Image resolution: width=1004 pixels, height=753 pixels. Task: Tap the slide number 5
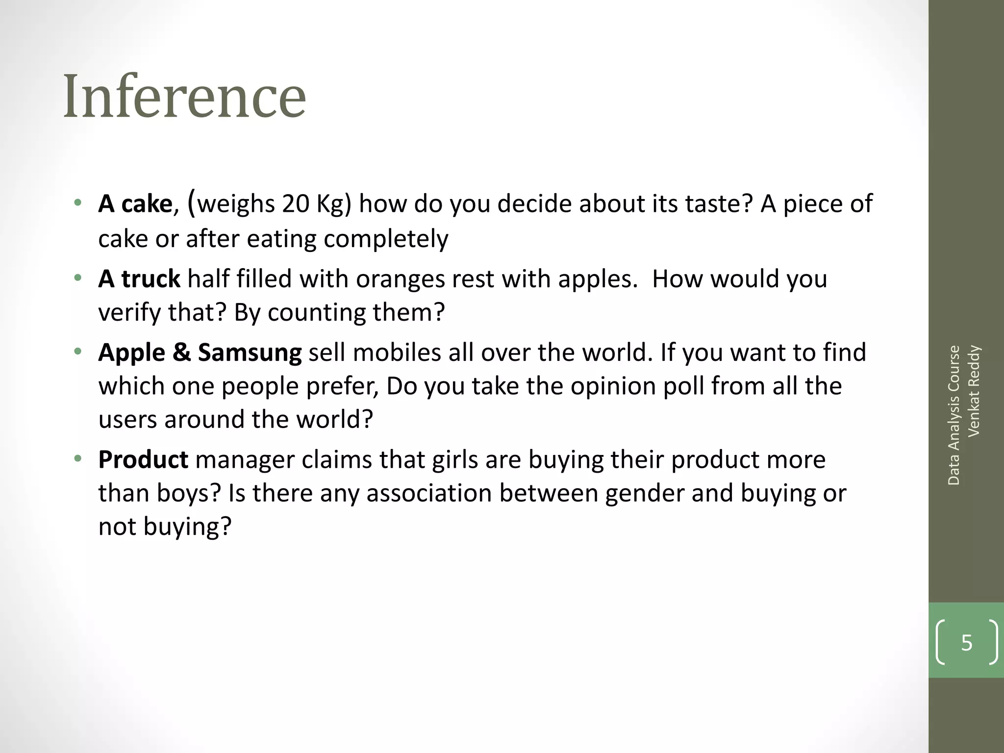966,642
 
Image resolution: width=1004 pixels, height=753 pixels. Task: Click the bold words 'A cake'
135,203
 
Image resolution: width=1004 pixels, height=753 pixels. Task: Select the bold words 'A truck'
139,278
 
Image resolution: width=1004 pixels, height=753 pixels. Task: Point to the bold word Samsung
250,352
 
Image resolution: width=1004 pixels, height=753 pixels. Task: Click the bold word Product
143,460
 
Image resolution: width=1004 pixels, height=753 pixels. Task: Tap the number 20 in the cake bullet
296,203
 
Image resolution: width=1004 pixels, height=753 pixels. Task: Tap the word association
429,493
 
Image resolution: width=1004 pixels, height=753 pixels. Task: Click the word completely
386,239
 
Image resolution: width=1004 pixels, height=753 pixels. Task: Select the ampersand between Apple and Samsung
181,352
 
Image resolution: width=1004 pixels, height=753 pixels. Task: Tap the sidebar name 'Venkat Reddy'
974,391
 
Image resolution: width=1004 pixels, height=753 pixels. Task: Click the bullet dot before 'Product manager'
77,459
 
